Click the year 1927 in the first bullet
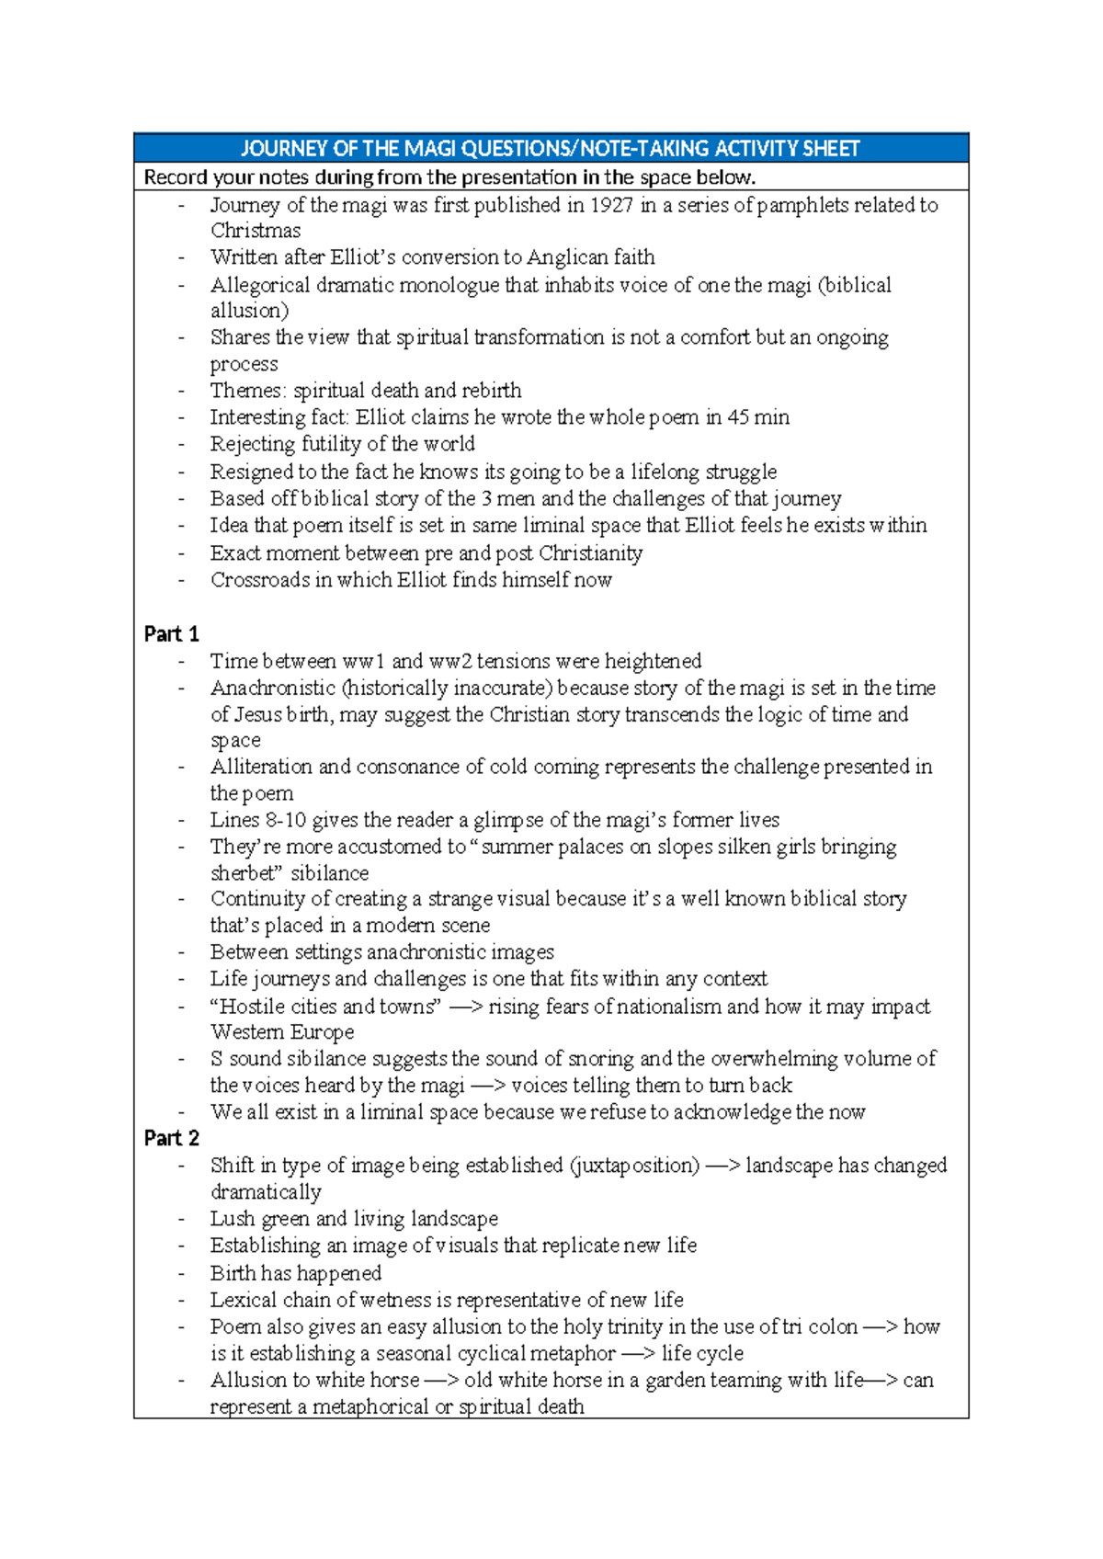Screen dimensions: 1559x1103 pos(610,205)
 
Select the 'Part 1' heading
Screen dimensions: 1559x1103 pos(171,634)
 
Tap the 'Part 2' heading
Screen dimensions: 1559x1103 pos(171,1138)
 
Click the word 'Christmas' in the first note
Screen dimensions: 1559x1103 pos(255,231)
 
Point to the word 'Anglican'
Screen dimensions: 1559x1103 pos(570,257)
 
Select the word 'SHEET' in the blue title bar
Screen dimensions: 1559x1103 pos(830,149)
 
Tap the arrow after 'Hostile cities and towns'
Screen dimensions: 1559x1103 pos(466,1007)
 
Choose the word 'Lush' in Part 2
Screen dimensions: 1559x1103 pos(232,1219)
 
